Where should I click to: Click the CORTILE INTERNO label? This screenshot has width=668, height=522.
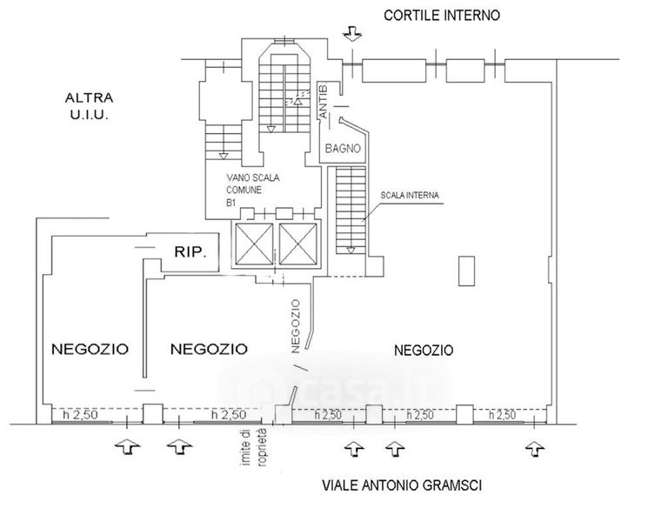(x=444, y=15)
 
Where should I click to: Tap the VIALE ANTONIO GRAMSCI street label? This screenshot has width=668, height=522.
(x=402, y=485)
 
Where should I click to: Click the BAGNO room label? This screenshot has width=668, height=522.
(x=343, y=149)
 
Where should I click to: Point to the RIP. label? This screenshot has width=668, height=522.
(x=190, y=252)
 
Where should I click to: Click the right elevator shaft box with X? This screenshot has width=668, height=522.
(x=297, y=242)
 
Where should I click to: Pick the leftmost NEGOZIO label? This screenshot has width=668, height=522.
(x=90, y=349)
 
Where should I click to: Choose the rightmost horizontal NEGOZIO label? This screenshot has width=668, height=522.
(x=424, y=351)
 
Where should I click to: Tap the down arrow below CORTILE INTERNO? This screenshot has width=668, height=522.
(x=351, y=34)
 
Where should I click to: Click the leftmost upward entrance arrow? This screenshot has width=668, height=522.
(x=127, y=447)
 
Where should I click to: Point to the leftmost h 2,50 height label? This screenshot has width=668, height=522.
(x=79, y=416)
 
